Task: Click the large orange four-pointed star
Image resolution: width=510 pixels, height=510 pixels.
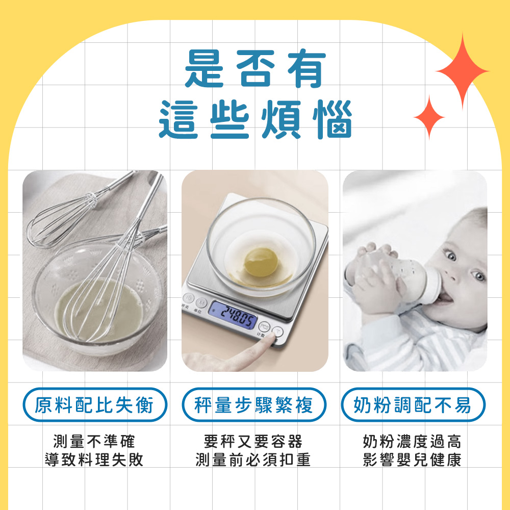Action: coord(462,71)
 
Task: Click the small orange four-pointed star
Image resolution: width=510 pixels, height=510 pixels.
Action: coord(429,117)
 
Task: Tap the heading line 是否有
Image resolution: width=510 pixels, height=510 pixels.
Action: coord(255,69)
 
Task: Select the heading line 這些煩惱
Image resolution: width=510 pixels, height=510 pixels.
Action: coord(256,119)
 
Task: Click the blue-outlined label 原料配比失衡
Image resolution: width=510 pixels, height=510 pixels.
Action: coord(95,405)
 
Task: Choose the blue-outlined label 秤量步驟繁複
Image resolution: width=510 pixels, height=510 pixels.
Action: coord(254,405)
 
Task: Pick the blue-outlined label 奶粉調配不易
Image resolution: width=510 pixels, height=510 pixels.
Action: coord(413,405)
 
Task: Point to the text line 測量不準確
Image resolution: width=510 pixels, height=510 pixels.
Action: coord(94,441)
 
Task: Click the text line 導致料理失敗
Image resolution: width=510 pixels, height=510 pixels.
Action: coord(94,460)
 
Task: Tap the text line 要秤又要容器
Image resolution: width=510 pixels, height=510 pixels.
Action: coord(253,441)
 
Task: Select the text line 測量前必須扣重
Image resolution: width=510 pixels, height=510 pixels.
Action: coord(253,460)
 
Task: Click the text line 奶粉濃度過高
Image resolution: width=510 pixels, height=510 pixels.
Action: coord(413,441)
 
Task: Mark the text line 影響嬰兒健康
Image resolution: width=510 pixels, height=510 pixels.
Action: coord(413,460)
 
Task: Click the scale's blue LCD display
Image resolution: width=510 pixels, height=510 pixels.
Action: coord(233,315)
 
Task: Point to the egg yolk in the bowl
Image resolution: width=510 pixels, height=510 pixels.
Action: coord(261,262)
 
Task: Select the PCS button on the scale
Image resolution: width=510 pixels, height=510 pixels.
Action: coord(264,326)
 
